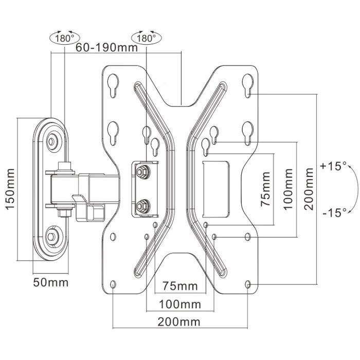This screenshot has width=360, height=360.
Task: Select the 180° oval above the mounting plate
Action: click(x=146, y=38)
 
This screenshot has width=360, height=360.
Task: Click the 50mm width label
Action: click(x=51, y=282)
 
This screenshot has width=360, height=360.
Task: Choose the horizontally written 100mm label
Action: click(x=179, y=304)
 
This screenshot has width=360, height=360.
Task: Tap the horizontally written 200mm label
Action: click(x=179, y=322)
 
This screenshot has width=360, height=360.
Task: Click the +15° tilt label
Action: click(x=333, y=167)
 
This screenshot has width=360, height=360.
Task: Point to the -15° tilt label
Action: click(x=333, y=212)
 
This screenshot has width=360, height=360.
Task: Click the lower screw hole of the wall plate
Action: click(x=52, y=237)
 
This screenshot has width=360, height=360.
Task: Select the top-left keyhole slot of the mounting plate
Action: click(x=113, y=84)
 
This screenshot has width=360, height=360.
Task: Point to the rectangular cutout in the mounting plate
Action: click(x=216, y=188)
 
